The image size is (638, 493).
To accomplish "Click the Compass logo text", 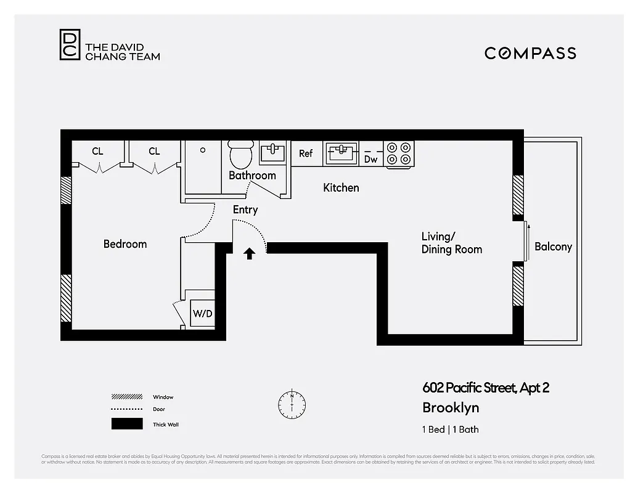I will point(530,53).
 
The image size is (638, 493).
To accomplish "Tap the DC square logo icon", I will point(70,45).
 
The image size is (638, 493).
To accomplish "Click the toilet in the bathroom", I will point(241,153).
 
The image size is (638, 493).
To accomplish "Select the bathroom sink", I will point(272,152).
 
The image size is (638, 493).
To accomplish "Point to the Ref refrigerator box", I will point(306,153).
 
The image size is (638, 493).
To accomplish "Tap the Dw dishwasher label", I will point(370,159).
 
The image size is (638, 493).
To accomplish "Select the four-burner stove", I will point(399,153).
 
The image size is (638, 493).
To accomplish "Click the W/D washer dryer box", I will point(202,313).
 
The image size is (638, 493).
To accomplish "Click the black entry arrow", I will point(249,253).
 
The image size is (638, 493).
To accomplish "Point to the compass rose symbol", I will point(292,404).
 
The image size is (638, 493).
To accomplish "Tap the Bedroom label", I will point(125,244).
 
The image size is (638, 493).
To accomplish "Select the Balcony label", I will point(553,246).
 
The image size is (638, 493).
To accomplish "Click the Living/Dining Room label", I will point(451,243).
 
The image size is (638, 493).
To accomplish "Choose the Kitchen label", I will point(341,187).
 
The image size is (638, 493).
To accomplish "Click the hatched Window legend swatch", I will point(126,397).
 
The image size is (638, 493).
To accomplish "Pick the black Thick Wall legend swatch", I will point(126,424).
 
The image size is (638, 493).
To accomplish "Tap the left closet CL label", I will point(97,151).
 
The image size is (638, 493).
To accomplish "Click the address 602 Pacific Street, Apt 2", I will point(486,388).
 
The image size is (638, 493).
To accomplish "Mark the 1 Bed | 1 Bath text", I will point(450,430).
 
